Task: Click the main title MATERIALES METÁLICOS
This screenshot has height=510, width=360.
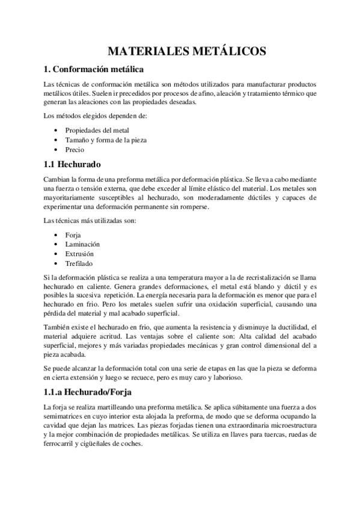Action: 180,51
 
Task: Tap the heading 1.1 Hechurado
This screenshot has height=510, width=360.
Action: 73,164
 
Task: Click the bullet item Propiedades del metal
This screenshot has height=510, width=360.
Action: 97,130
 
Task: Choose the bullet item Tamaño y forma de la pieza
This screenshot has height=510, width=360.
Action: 106,140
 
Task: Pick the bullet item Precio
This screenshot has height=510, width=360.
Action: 76,149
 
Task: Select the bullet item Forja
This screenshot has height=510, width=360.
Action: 73,235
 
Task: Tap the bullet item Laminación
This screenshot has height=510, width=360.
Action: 82,245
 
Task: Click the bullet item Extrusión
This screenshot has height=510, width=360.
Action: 81,254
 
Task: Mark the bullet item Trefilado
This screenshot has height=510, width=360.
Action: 79,263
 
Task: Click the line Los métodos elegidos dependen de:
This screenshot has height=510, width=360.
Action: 87,115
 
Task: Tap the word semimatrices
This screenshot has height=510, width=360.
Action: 65,417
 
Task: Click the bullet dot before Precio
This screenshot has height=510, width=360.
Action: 56,149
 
